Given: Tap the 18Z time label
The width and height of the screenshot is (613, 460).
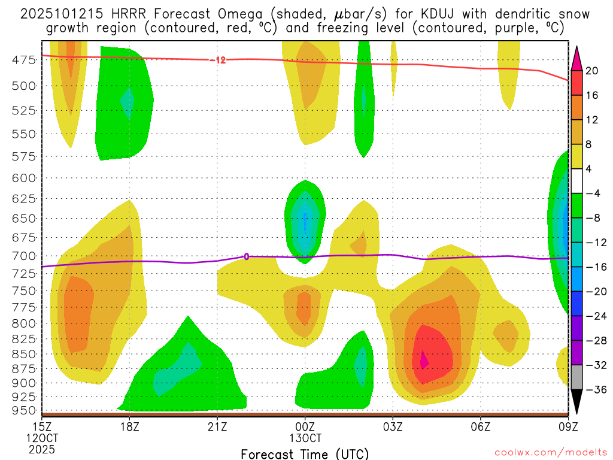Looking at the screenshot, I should pyautogui.click(x=129, y=426).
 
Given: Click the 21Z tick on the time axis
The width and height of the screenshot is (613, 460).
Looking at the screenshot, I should pyautogui.click(x=217, y=426).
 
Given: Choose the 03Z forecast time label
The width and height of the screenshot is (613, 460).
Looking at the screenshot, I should pyautogui.click(x=393, y=426).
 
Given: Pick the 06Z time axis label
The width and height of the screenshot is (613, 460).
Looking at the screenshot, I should pyautogui.click(x=481, y=426).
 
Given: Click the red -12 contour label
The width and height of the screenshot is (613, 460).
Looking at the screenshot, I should pyautogui.click(x=218, y=60).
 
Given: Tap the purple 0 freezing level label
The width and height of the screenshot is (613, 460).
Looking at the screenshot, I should pyautogui.click(x=246, y=256).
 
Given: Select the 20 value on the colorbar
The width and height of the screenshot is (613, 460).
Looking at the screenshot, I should pyautogui.click(x=592, y=71).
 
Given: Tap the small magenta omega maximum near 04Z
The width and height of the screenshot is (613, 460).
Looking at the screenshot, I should pyautogui.click(x=424, y=360).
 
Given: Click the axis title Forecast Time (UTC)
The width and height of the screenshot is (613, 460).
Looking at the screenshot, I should pyautogui.click(x=305, y=453).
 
